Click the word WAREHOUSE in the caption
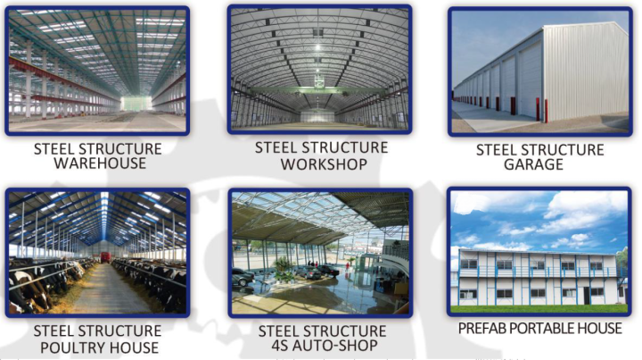pos(100,163)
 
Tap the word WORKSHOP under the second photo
pos(324,164)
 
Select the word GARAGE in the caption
pos(533,164)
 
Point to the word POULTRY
pos(70,347)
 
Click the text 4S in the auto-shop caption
pos(279,345)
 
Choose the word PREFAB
pos(479,329)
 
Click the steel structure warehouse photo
pos(97,71)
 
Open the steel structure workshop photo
pos(320,70)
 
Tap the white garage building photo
pos(540,71)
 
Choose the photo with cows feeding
pos(97,253)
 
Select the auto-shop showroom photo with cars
pos(320,253)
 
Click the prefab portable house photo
pos(539,252)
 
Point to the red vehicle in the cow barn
pos(106,257)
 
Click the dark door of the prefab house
pos(587,296)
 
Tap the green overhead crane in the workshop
pos(318,90)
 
